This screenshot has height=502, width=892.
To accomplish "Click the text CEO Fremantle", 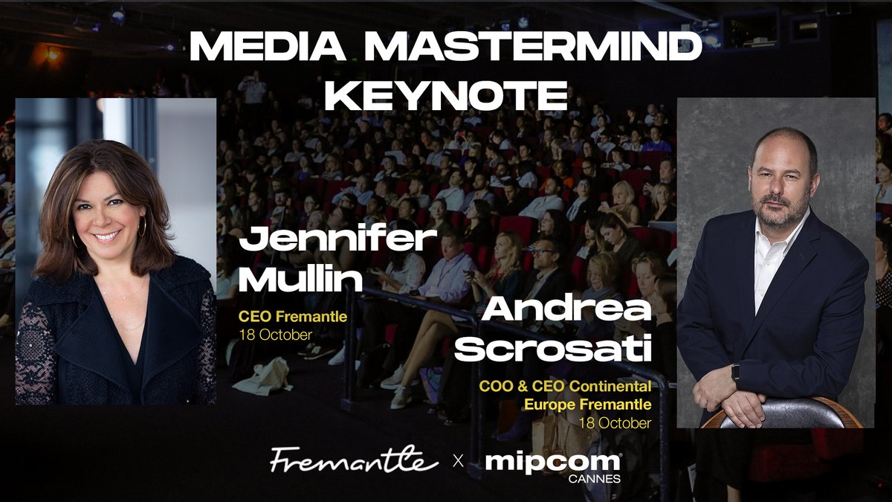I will [292, 318].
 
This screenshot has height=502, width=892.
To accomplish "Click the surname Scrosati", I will [553, 350].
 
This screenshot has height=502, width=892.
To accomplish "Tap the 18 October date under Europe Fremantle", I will [615, 423].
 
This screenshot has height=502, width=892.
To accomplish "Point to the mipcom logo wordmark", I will [552, 461].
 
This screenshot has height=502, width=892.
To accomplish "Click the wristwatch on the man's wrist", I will [735, 371].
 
